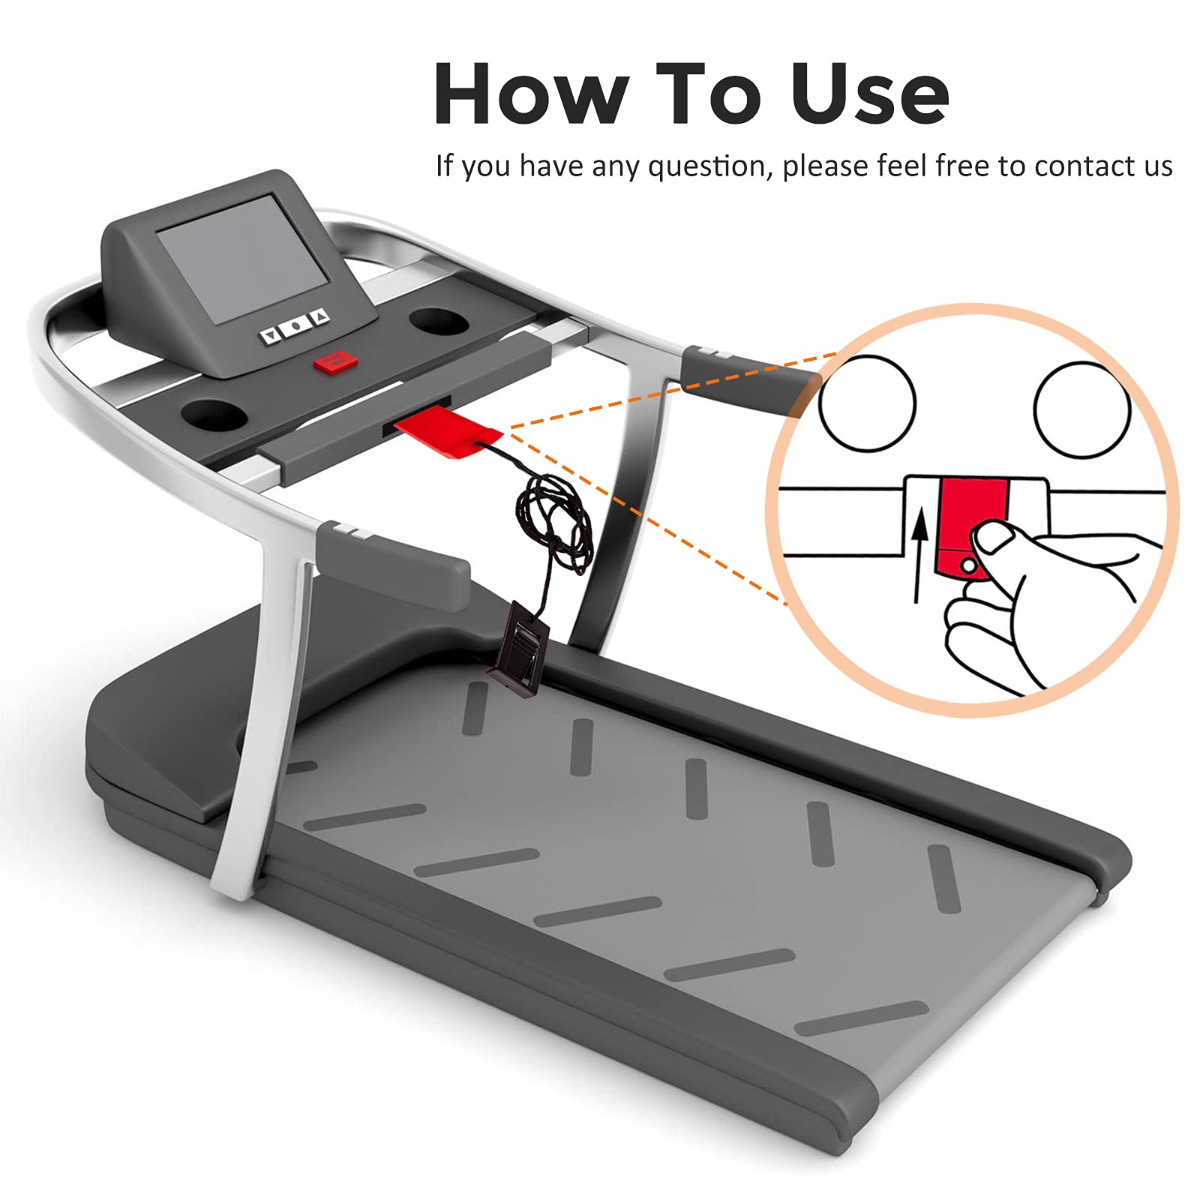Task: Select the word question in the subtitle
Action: (x=709, y=166)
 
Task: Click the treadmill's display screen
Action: (x=242, y=259)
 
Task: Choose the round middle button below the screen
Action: (x=295, y=325)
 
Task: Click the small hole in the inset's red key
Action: (x=969, y=564)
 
